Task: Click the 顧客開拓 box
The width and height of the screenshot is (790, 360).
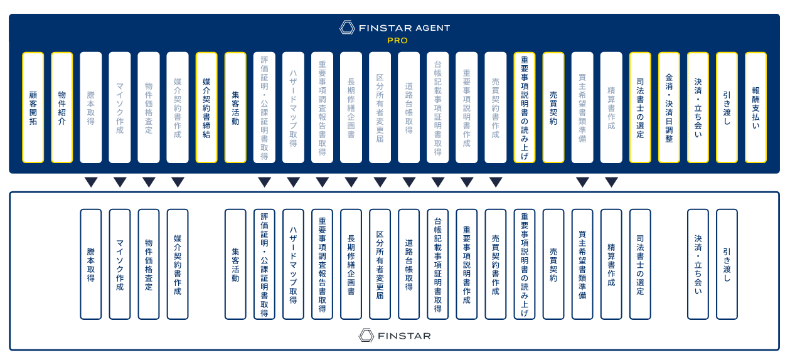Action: [x=33, y=107]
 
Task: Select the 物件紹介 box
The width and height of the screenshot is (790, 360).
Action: [x=62, y=107]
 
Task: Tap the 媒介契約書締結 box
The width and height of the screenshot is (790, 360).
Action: [x=206, y=107]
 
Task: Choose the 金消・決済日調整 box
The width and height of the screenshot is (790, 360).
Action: [x=669, y=107]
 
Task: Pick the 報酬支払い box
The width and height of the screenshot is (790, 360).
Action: [x=755, y=107]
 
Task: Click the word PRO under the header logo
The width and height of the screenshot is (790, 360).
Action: [x=397, y=41]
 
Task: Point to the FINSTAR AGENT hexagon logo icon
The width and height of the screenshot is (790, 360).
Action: [x=347, y=28]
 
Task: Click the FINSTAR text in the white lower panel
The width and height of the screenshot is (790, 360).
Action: [x=404, y=336]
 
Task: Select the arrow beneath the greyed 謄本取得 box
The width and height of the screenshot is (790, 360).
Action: [x=91, y=183]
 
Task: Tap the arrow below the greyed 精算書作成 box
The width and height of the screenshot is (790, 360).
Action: [x=611, y=183]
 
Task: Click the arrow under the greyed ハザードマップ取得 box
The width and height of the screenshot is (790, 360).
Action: [x=293, y=183]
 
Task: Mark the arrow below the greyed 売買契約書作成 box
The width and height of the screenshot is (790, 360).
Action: [x=496, y=183]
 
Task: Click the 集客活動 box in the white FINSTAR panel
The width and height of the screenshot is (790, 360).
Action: [x=235, y=264]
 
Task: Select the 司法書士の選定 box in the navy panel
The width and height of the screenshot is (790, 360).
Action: [x=640, y=107]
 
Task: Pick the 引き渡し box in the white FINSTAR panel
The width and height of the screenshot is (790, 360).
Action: [x=727, y=264]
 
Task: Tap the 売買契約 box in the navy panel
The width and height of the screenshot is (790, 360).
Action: [x=553, y=107]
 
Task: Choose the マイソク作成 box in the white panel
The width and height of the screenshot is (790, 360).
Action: [x=120, y=264]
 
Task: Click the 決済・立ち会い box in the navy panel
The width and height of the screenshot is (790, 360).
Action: [x=698, y=107]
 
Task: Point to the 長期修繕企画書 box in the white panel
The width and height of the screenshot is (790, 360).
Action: [x=351, y=264]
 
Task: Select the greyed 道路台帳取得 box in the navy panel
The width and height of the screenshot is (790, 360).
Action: [x=408, y=107]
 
